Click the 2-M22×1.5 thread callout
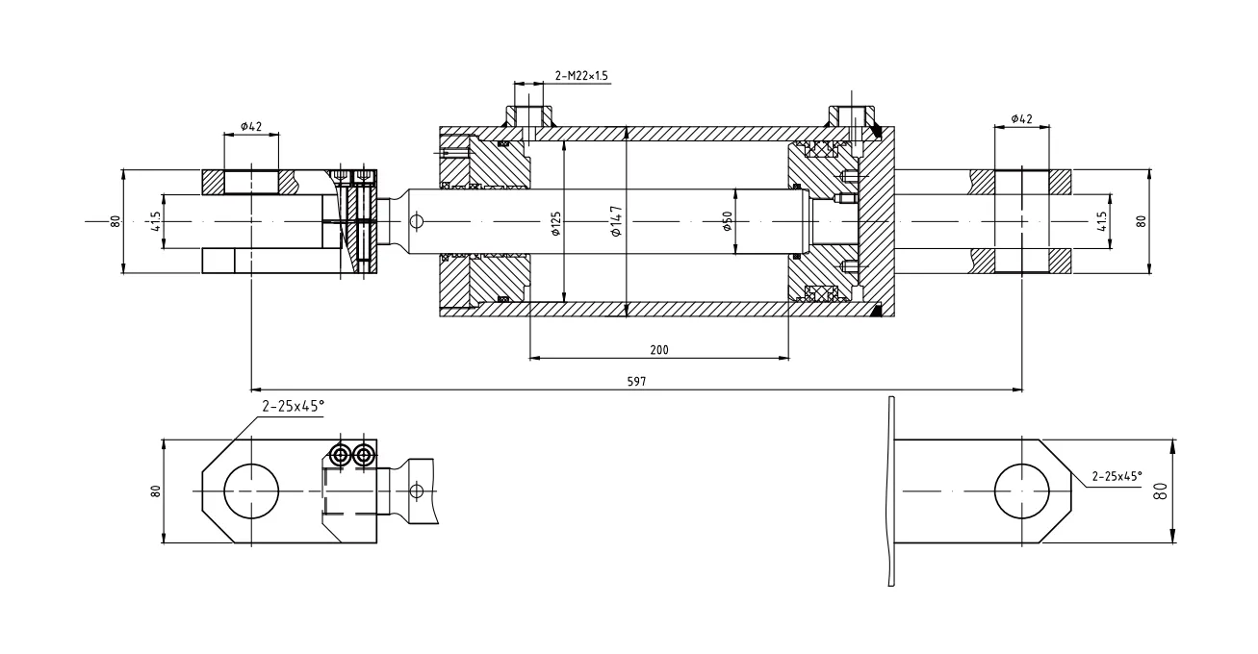pyautogui.click(x=581, y=75)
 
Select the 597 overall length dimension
pyautogui.click(x=636, y=382)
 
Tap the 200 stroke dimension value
pyautogui.click(x=658, y=350)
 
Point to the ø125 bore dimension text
pyautogui.click(x=555, y=224)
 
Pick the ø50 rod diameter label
pyautogui.click(x=728, y=222)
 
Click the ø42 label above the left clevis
pyautogui.click(x=251, y=126)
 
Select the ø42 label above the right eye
pyautogui.click(x=1021, y=118)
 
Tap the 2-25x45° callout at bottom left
pyautogui.click(x=292, y=406)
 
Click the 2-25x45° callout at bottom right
pyautogui.click(x=1117, y=476)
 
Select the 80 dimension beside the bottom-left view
pyautogui.click(x=155, y=490)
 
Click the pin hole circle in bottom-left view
pyautogui.click(x=252, y=490)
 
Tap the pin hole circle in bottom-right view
pyautogui.click(x=1021, y=490)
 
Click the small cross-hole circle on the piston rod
pyautogui.click(x=416, y=221)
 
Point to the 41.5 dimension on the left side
pyautogui.click(x=155, y=222)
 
